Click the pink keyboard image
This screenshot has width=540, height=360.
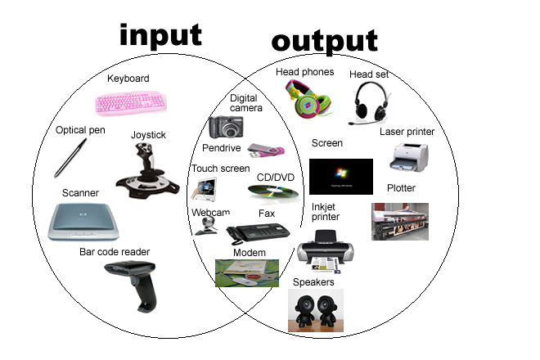(131, 102)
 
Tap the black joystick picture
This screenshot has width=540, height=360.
(148, 171)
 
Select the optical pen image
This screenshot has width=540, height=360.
(70, 158)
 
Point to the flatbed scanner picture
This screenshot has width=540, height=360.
(83, 222)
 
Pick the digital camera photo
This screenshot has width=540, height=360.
(227, 127)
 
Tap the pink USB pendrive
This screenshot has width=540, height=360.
(266, 151)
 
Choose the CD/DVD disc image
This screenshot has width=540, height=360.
(273, 192)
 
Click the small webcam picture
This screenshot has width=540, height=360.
(207, 226)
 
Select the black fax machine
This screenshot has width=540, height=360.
(258, 233)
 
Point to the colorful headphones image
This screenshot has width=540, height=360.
(309, 99)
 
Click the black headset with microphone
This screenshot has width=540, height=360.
(370, 103)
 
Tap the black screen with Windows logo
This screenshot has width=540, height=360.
(341, 177)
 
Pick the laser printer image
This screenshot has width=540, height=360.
(409, 157)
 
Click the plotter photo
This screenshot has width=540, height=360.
(400, 222)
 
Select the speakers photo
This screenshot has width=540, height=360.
(316, 310)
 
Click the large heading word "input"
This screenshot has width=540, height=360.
(160, 35)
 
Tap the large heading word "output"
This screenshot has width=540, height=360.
(325, 42)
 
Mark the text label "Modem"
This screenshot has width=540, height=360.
(250, 253)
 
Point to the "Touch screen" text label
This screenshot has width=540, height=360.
(221, 169)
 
